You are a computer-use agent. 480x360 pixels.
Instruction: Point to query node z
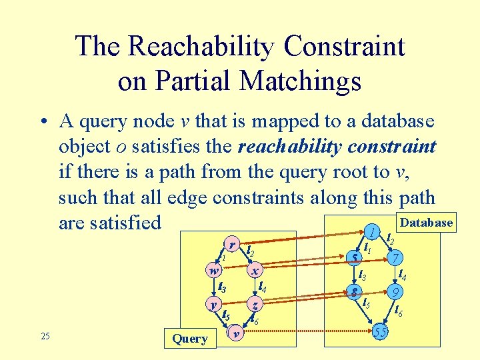[x=255, y=305]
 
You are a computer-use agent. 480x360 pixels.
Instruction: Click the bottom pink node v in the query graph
[x=235, y=331]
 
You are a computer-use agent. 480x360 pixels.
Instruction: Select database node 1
[x=371, y=231]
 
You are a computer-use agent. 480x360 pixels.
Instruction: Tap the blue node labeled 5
[x=357, y=257]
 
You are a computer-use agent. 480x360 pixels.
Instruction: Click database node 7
[x=396, y=258]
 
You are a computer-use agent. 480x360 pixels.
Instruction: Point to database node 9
[x=396, y=291]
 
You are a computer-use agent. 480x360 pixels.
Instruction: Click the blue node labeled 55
[x=381, y=331]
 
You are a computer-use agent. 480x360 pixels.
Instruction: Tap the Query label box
[x=190, y=338]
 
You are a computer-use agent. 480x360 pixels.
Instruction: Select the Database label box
[x=425, y=223]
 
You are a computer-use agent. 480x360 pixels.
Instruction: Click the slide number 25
[x=45, y=336]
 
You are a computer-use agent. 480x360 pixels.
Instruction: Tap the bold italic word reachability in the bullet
[x=288, y=147]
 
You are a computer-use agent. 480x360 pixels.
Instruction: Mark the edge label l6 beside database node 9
[x=398, y=310]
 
